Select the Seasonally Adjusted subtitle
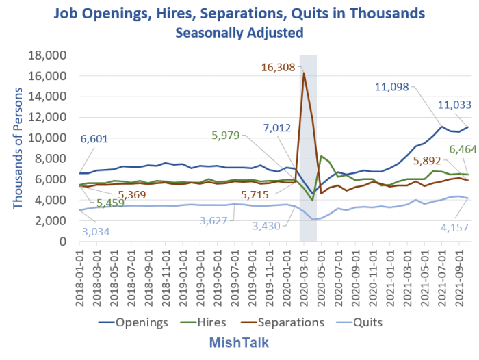tap(239, 31)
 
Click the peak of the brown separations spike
tap(304, 73)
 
